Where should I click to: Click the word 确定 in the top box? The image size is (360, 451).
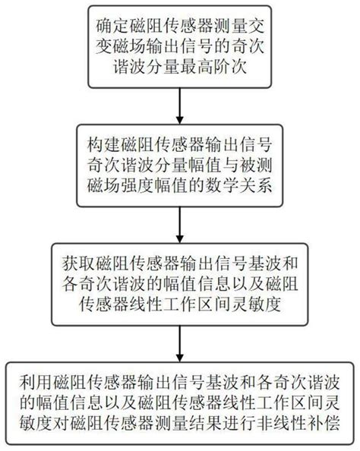[x=112, y=26]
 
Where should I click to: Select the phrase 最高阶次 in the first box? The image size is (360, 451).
[x=213, y=68]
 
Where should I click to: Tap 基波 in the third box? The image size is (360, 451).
[x=264, y=263]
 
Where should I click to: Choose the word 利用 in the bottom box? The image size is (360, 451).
[x=36, y=382]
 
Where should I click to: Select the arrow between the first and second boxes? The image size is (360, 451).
[x=180, y=106]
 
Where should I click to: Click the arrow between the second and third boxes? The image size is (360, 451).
[x=180, y=225]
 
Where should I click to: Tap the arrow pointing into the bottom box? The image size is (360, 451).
[x=180, y=343]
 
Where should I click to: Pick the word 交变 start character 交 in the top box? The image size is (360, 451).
[x=256, y=26]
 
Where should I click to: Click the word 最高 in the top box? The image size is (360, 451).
[x=197, y=68]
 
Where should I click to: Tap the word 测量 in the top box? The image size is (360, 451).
[x=231, y=26]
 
